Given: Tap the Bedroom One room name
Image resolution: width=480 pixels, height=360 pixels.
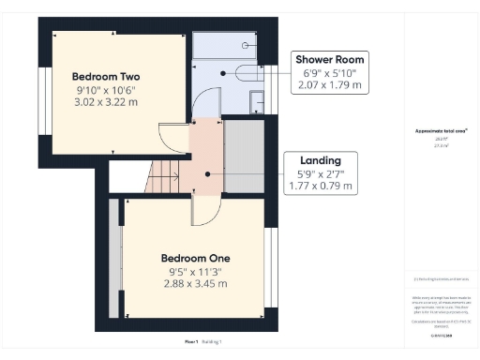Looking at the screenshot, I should pos(196,258).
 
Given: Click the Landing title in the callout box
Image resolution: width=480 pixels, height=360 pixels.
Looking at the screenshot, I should pos(320,159).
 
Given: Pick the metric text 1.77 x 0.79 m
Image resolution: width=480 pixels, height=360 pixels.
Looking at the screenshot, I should pos(320,186).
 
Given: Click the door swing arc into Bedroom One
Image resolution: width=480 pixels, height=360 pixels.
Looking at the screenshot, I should pos(202,214).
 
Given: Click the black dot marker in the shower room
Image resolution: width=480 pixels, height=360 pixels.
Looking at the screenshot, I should pos(223,72).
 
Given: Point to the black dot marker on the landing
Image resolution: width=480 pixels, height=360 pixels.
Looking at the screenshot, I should pos(206,173).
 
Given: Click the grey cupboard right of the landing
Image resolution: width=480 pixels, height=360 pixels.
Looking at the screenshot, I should pos(246,154).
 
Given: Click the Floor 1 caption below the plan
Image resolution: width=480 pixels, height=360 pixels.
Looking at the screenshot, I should pos(191,342).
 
